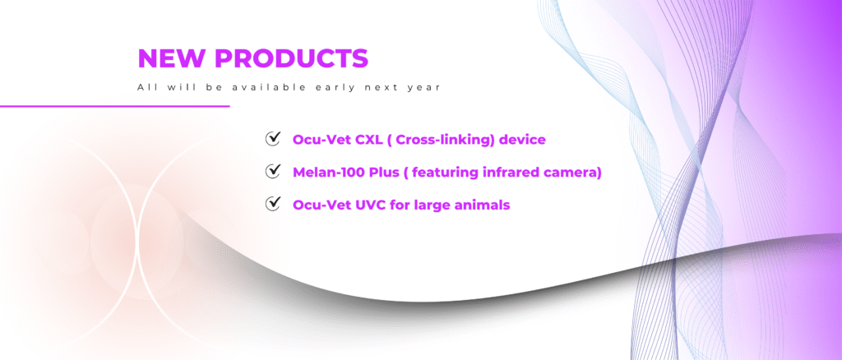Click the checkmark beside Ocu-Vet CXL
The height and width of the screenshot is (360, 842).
[273, 138]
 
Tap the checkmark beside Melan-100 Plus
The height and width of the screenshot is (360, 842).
[273, 171]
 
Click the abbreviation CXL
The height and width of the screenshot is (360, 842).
[368, 140]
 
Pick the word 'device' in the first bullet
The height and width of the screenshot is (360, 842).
[522, 140]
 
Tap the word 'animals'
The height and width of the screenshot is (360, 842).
[480, 205]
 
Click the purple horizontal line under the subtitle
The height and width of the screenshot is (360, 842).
[115, 106]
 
